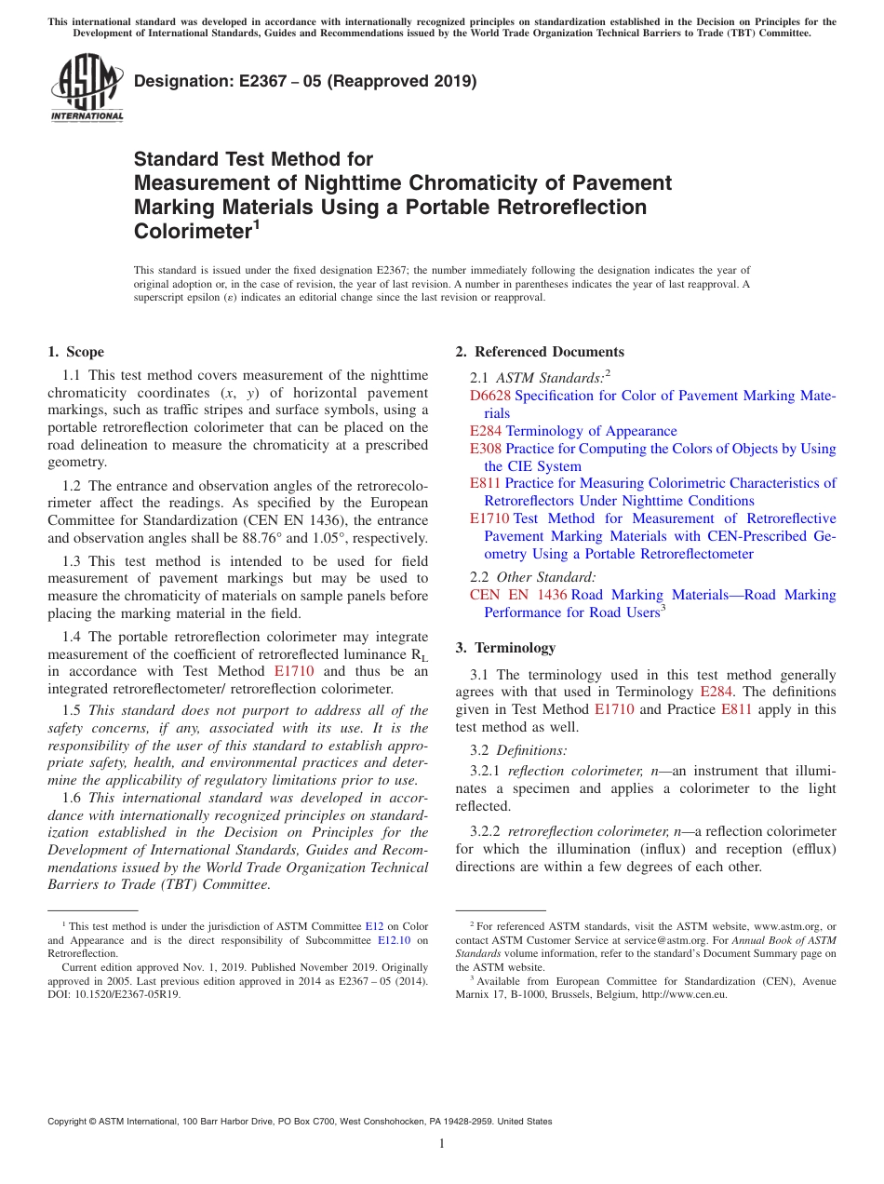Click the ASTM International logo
pos(87,88)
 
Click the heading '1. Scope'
pos(75,352)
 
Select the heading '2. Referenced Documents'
pos(540,352)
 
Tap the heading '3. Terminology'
pos(505,648)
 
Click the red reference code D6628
pos(490,396)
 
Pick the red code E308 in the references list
pos(486,449)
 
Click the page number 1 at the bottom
pos(442,1143)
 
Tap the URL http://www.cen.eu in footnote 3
pos(685,994)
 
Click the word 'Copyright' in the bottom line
pos(70,1122)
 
